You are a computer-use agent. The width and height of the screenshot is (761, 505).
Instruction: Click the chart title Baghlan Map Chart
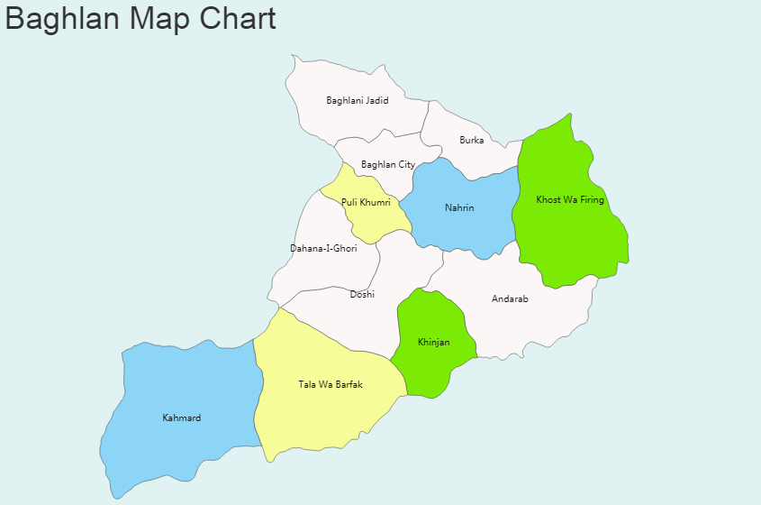(140, 18)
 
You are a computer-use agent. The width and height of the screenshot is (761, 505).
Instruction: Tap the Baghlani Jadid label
(358, 100)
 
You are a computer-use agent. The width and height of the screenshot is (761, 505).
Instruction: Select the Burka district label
(471, 140)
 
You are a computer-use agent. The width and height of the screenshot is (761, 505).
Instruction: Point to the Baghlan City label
(388, 164)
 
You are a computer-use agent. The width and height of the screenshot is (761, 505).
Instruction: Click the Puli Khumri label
(366, 202)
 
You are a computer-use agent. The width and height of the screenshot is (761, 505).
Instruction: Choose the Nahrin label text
(459, 208)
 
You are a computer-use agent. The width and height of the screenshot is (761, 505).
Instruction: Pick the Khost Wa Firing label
(570, 199)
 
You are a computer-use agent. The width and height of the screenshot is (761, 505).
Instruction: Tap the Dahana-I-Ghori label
(323, 248)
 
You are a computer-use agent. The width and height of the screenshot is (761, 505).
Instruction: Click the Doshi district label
(362, 294)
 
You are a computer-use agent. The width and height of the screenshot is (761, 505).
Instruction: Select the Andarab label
(510, 298)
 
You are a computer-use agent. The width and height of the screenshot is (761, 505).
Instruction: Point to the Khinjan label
(433, 343)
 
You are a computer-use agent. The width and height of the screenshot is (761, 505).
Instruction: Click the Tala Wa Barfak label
(331, 385)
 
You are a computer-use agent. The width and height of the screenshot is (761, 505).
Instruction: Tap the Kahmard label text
(182, 418)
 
